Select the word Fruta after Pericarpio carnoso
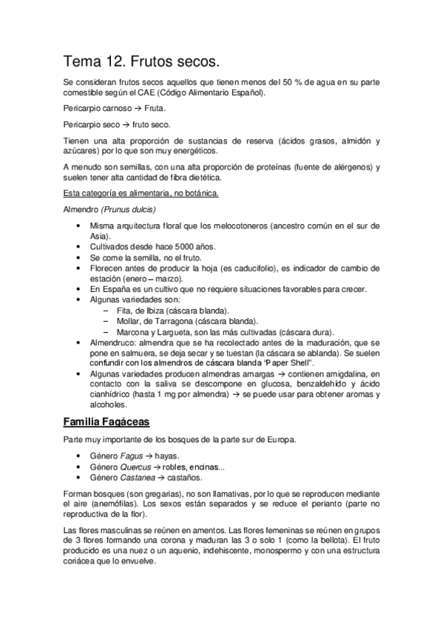(x=154, y=109)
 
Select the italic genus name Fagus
(x=132, y=456)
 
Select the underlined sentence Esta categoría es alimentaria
(x=140, y=194)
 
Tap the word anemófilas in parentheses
(x=105, y=504)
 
